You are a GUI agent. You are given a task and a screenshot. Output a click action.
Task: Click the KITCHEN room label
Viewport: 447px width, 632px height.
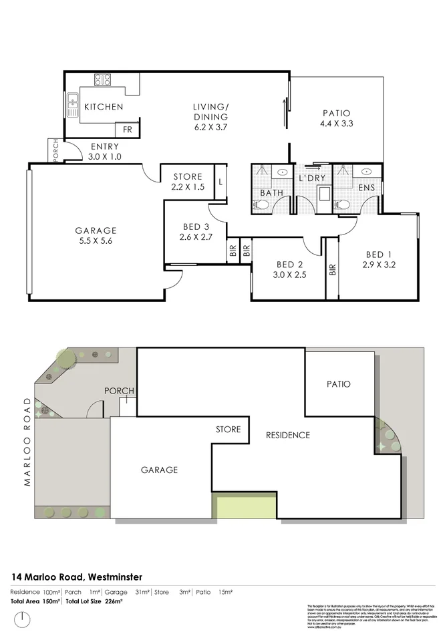(x=103, y=107)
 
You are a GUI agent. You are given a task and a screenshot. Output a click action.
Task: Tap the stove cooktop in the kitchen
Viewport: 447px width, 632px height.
(x=102, y=80)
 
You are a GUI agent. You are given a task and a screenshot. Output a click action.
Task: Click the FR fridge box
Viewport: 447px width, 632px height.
(x=126, y=130)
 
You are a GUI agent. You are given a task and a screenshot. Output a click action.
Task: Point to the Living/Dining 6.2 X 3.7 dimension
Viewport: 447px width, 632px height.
(x=210, y=126)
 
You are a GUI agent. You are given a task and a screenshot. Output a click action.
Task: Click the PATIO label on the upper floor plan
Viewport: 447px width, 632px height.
(x=336, y=113)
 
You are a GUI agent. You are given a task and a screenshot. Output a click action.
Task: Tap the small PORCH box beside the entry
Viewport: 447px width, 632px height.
(x=56, y=150)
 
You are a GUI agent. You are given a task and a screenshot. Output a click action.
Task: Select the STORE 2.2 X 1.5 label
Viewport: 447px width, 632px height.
(x=187, y=182)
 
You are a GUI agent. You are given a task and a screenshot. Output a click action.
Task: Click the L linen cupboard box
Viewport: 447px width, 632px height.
(x=220, y=182)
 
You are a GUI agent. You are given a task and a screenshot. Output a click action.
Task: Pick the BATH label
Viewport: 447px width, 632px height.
(x=272, y=193)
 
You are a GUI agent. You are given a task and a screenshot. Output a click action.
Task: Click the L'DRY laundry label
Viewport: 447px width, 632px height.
(x=311, y=179)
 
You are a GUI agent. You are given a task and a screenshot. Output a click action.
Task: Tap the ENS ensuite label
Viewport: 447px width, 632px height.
(x=367, y=188)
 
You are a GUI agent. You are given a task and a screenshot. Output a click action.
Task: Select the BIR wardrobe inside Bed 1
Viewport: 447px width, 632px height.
(x=332, y=270)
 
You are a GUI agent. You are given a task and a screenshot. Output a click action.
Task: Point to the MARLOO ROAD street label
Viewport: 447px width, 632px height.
(x=27, y=442)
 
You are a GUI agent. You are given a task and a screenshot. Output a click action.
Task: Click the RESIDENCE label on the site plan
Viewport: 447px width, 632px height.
(x=288, y=435)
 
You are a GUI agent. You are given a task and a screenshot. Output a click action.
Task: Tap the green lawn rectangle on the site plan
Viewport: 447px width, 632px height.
(x=244, y=505)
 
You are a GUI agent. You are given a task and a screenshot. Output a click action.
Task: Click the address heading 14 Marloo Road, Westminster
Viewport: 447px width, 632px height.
(x=76, y=577)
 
